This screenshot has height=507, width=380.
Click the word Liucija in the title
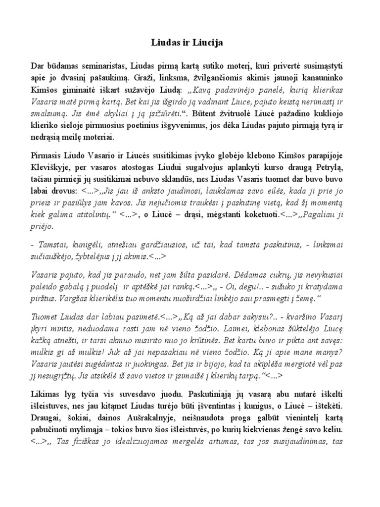pyautogui.click(x=210, y=43)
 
